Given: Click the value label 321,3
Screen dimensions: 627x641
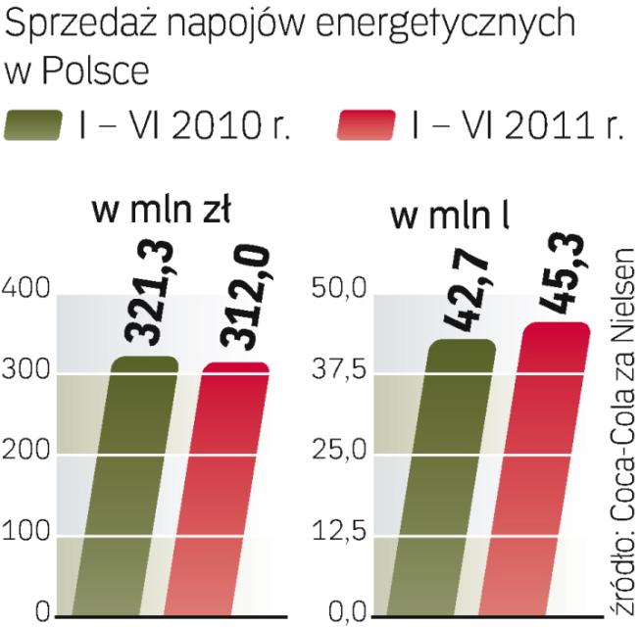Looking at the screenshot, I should (147, 300).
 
